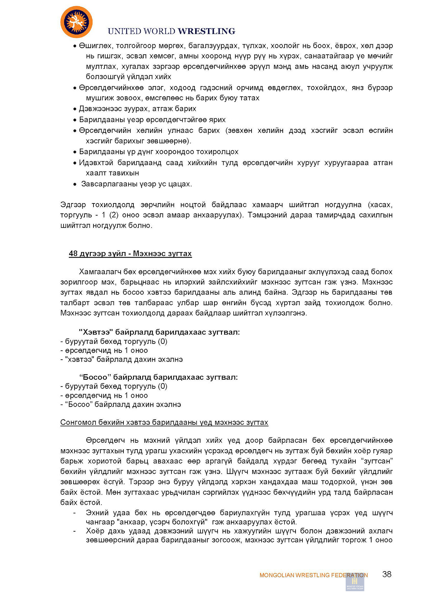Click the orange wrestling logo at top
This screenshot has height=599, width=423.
coord(76,22)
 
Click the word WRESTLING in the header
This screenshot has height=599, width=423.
coord(206,31)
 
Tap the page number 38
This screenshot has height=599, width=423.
coord(387,574)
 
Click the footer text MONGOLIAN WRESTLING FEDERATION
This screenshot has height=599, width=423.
coord(313,575)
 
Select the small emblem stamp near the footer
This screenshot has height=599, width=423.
coord(355,582)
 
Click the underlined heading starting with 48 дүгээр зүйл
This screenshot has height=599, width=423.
coord(130,253)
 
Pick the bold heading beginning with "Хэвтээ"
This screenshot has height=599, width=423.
coord(159,332)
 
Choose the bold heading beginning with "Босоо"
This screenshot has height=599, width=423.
coord(158,377)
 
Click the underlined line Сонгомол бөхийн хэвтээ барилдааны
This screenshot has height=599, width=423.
coord(164,422)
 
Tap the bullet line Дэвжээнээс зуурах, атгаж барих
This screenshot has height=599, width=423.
coord(137,109)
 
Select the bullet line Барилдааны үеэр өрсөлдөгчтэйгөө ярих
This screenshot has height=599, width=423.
coord(152,119)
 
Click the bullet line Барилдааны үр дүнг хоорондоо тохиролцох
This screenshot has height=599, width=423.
coord(159,152)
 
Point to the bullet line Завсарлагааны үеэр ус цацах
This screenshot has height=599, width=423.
coord(137,184)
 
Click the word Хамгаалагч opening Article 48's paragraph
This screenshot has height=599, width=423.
coord(100,271)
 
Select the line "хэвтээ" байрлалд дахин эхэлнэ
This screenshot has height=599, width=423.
coord(122,359)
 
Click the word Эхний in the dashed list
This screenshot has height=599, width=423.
coord(97,513)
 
